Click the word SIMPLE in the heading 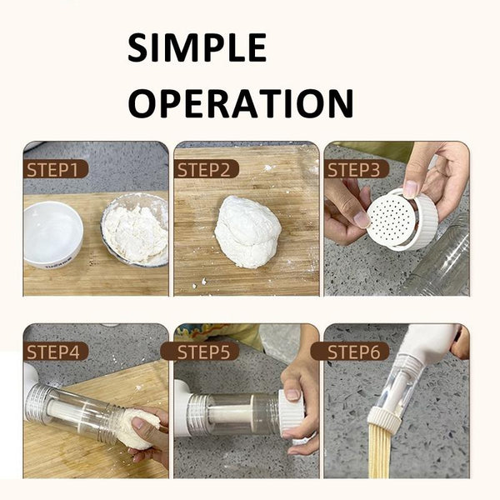click(x=197, y=47)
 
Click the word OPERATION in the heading click(x=241, y=103)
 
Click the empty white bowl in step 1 click(x=52, y=234)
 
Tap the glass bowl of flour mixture click(x=136, y=230)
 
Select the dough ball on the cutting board click(x=247, y=231)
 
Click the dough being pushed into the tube click(x=140, y=427)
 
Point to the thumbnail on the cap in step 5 click(x=292, y=395)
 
